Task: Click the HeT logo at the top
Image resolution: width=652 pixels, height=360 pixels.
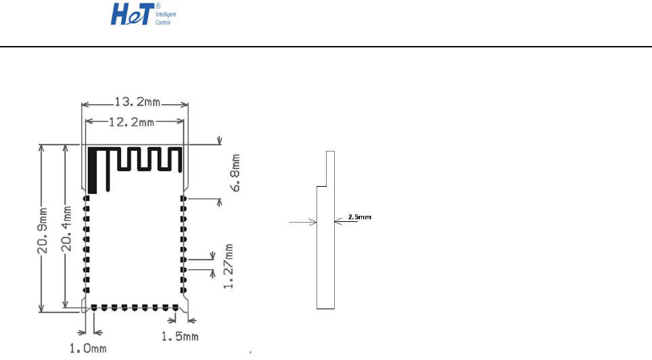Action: [x=133, y=14]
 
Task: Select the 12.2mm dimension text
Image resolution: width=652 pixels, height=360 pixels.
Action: [x=133, y=122]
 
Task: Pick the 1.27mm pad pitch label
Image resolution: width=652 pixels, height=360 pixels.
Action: [x=230, y=266]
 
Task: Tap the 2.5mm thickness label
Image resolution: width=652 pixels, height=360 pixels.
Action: [x=359, y=218]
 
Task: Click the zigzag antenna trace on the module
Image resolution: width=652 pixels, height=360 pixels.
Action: [x=145, y=160]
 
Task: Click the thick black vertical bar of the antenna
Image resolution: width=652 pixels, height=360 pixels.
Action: [x=91, y=170]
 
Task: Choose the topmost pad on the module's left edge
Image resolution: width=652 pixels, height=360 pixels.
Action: [x=86, y=198]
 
